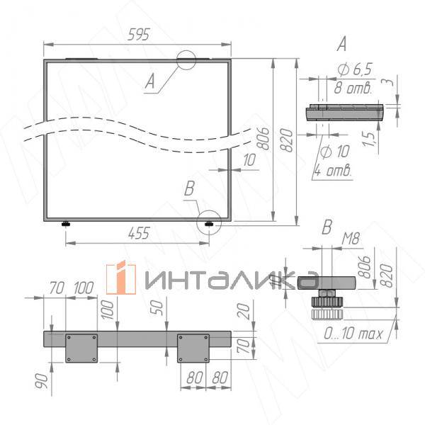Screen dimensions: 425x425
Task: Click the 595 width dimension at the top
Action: click(x=139, y=35)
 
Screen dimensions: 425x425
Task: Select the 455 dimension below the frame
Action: click(x=139, y=233)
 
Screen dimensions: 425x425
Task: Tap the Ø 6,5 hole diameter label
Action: click(x=355, y=69)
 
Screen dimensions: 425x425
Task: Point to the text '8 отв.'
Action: click(x=352, y=88)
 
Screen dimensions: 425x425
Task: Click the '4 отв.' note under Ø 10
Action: click(x=333, y=171)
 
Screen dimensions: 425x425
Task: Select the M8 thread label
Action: click(x=351, y=239)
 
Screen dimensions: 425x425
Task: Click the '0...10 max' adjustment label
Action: click(x=353, y=334)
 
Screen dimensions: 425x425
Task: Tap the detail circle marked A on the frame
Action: click(x=186, y=51)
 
